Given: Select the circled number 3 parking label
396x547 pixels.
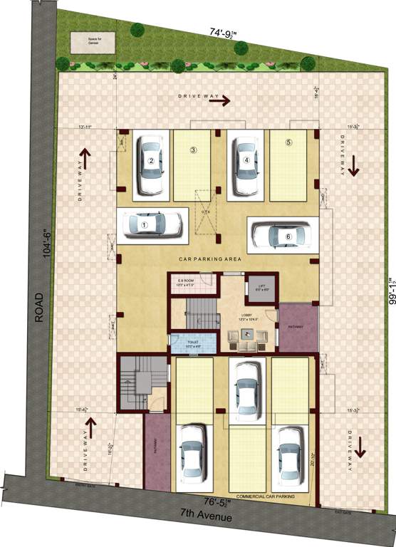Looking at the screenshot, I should click(192, 150).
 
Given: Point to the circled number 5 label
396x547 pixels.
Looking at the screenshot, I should click(288, 142).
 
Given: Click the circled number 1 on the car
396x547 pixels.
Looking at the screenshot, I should click(145, 224).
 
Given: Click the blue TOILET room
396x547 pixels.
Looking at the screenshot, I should click(193, 343).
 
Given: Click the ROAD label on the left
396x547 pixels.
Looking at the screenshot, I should click(40, 306).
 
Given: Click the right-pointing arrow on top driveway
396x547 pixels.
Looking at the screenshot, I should click(219, 101).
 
